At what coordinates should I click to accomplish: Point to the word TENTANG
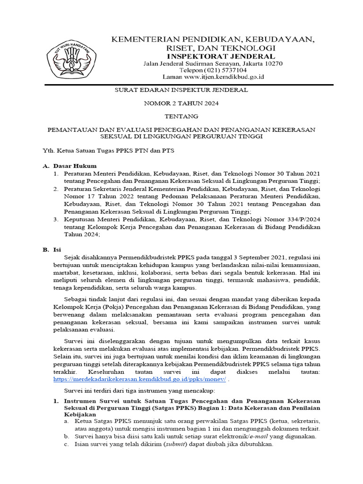tap(182, 116)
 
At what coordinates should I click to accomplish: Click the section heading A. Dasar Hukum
tap(70, 166)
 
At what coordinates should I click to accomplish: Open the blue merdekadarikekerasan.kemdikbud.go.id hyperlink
tap(139, 379)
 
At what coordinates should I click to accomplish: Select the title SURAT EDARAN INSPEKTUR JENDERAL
tap(182, 89)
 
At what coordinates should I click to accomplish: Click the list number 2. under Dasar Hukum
tap(56, 189)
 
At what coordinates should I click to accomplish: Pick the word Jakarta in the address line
tap(253, 63)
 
